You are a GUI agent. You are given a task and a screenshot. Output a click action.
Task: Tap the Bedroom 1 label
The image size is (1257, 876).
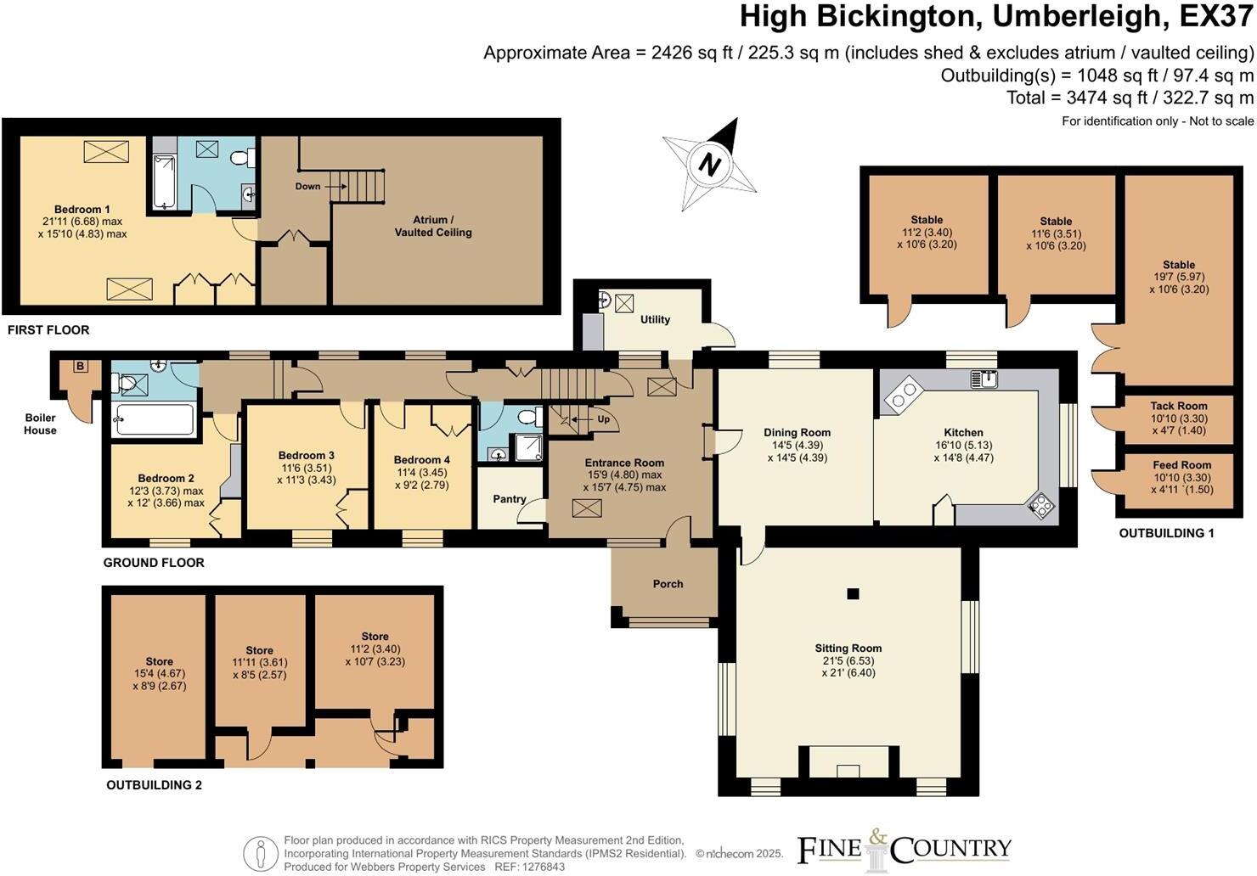pos(82,210)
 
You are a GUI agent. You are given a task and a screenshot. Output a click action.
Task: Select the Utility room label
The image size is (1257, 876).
pos(655,320)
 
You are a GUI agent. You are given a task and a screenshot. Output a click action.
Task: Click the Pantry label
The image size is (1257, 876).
pos(510,499)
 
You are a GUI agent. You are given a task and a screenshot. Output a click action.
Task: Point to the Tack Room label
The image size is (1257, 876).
pos(1179,407)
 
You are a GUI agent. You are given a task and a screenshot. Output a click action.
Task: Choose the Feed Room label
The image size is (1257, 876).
pos(1181,465)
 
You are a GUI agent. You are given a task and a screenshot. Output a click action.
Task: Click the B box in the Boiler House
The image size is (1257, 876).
pos(81,367)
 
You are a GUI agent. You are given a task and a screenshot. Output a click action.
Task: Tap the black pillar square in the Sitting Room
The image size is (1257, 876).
pos(854,593)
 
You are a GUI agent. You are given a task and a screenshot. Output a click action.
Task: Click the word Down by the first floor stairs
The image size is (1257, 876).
pos(307,186)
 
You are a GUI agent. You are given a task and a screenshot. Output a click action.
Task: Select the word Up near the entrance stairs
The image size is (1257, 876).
pos(603,419)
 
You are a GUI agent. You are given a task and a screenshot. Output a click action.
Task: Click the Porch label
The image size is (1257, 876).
pos(668,584)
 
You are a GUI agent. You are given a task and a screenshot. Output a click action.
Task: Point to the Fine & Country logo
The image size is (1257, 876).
pos(904,849)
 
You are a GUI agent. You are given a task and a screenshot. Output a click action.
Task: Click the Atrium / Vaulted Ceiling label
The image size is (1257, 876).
pos(432,226)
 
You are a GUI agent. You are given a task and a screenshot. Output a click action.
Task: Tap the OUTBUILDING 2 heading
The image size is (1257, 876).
pos(154,785)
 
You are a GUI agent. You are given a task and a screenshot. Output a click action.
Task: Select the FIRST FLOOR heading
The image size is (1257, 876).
pos(48,329)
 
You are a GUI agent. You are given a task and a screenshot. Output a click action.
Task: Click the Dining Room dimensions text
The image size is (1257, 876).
pos(797,452)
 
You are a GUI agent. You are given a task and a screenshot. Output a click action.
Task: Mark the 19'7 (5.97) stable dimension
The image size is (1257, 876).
pos(1179,277)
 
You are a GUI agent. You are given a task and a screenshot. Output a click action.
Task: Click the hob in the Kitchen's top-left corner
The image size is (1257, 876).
pos(904,391)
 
